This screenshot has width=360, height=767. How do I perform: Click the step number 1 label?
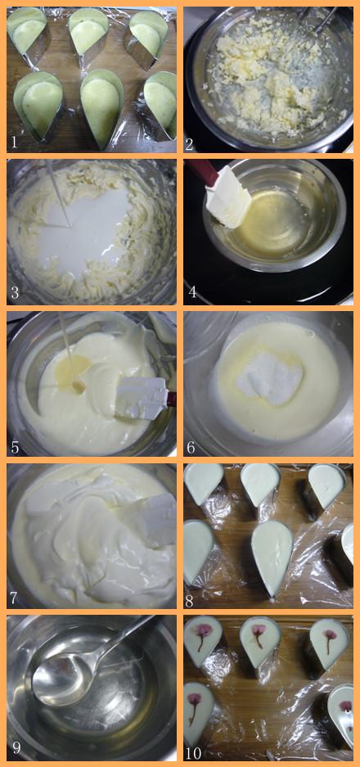coord(14,142)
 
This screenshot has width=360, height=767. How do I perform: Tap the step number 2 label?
coord(191,142)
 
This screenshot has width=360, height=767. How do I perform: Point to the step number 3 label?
coord(15,293)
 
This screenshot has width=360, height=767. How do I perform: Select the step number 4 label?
coord(192,292)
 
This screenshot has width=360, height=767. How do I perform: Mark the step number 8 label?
coord(191,598)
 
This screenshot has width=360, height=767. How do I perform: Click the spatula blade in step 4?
coord(228,196)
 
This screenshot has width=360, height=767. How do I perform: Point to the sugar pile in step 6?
coord(269,378)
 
